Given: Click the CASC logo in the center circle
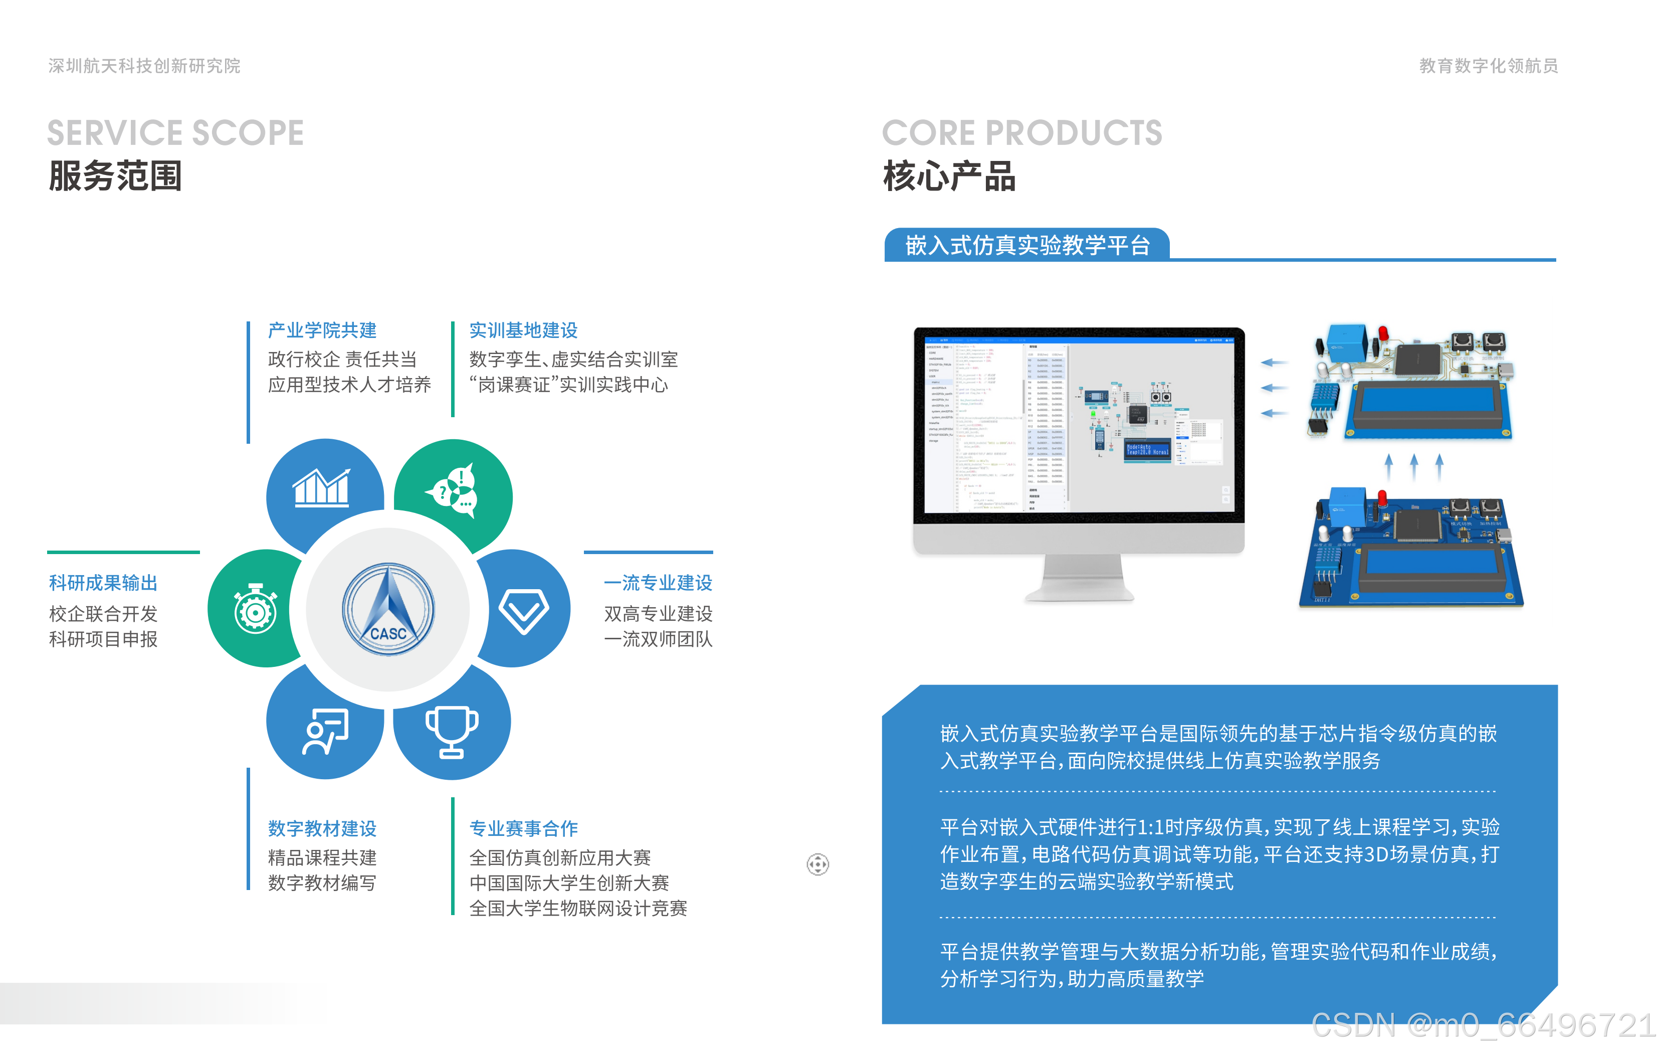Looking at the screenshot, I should click(388, 609).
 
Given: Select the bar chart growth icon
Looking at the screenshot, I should click(321, 488).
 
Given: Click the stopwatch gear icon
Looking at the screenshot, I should click(256, 609).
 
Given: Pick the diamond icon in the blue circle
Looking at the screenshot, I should click(524, 610).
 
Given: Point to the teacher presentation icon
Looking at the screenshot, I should click(325, 731).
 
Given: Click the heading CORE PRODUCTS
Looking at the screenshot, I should click(1022, 133).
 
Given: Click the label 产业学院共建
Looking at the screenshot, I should click(322, 330).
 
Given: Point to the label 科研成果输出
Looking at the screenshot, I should click(103, 583).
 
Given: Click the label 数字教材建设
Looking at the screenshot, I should click(322, 828).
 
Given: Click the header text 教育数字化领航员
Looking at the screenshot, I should click(1488, 66).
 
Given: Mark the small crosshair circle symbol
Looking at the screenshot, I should click(818, 864).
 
